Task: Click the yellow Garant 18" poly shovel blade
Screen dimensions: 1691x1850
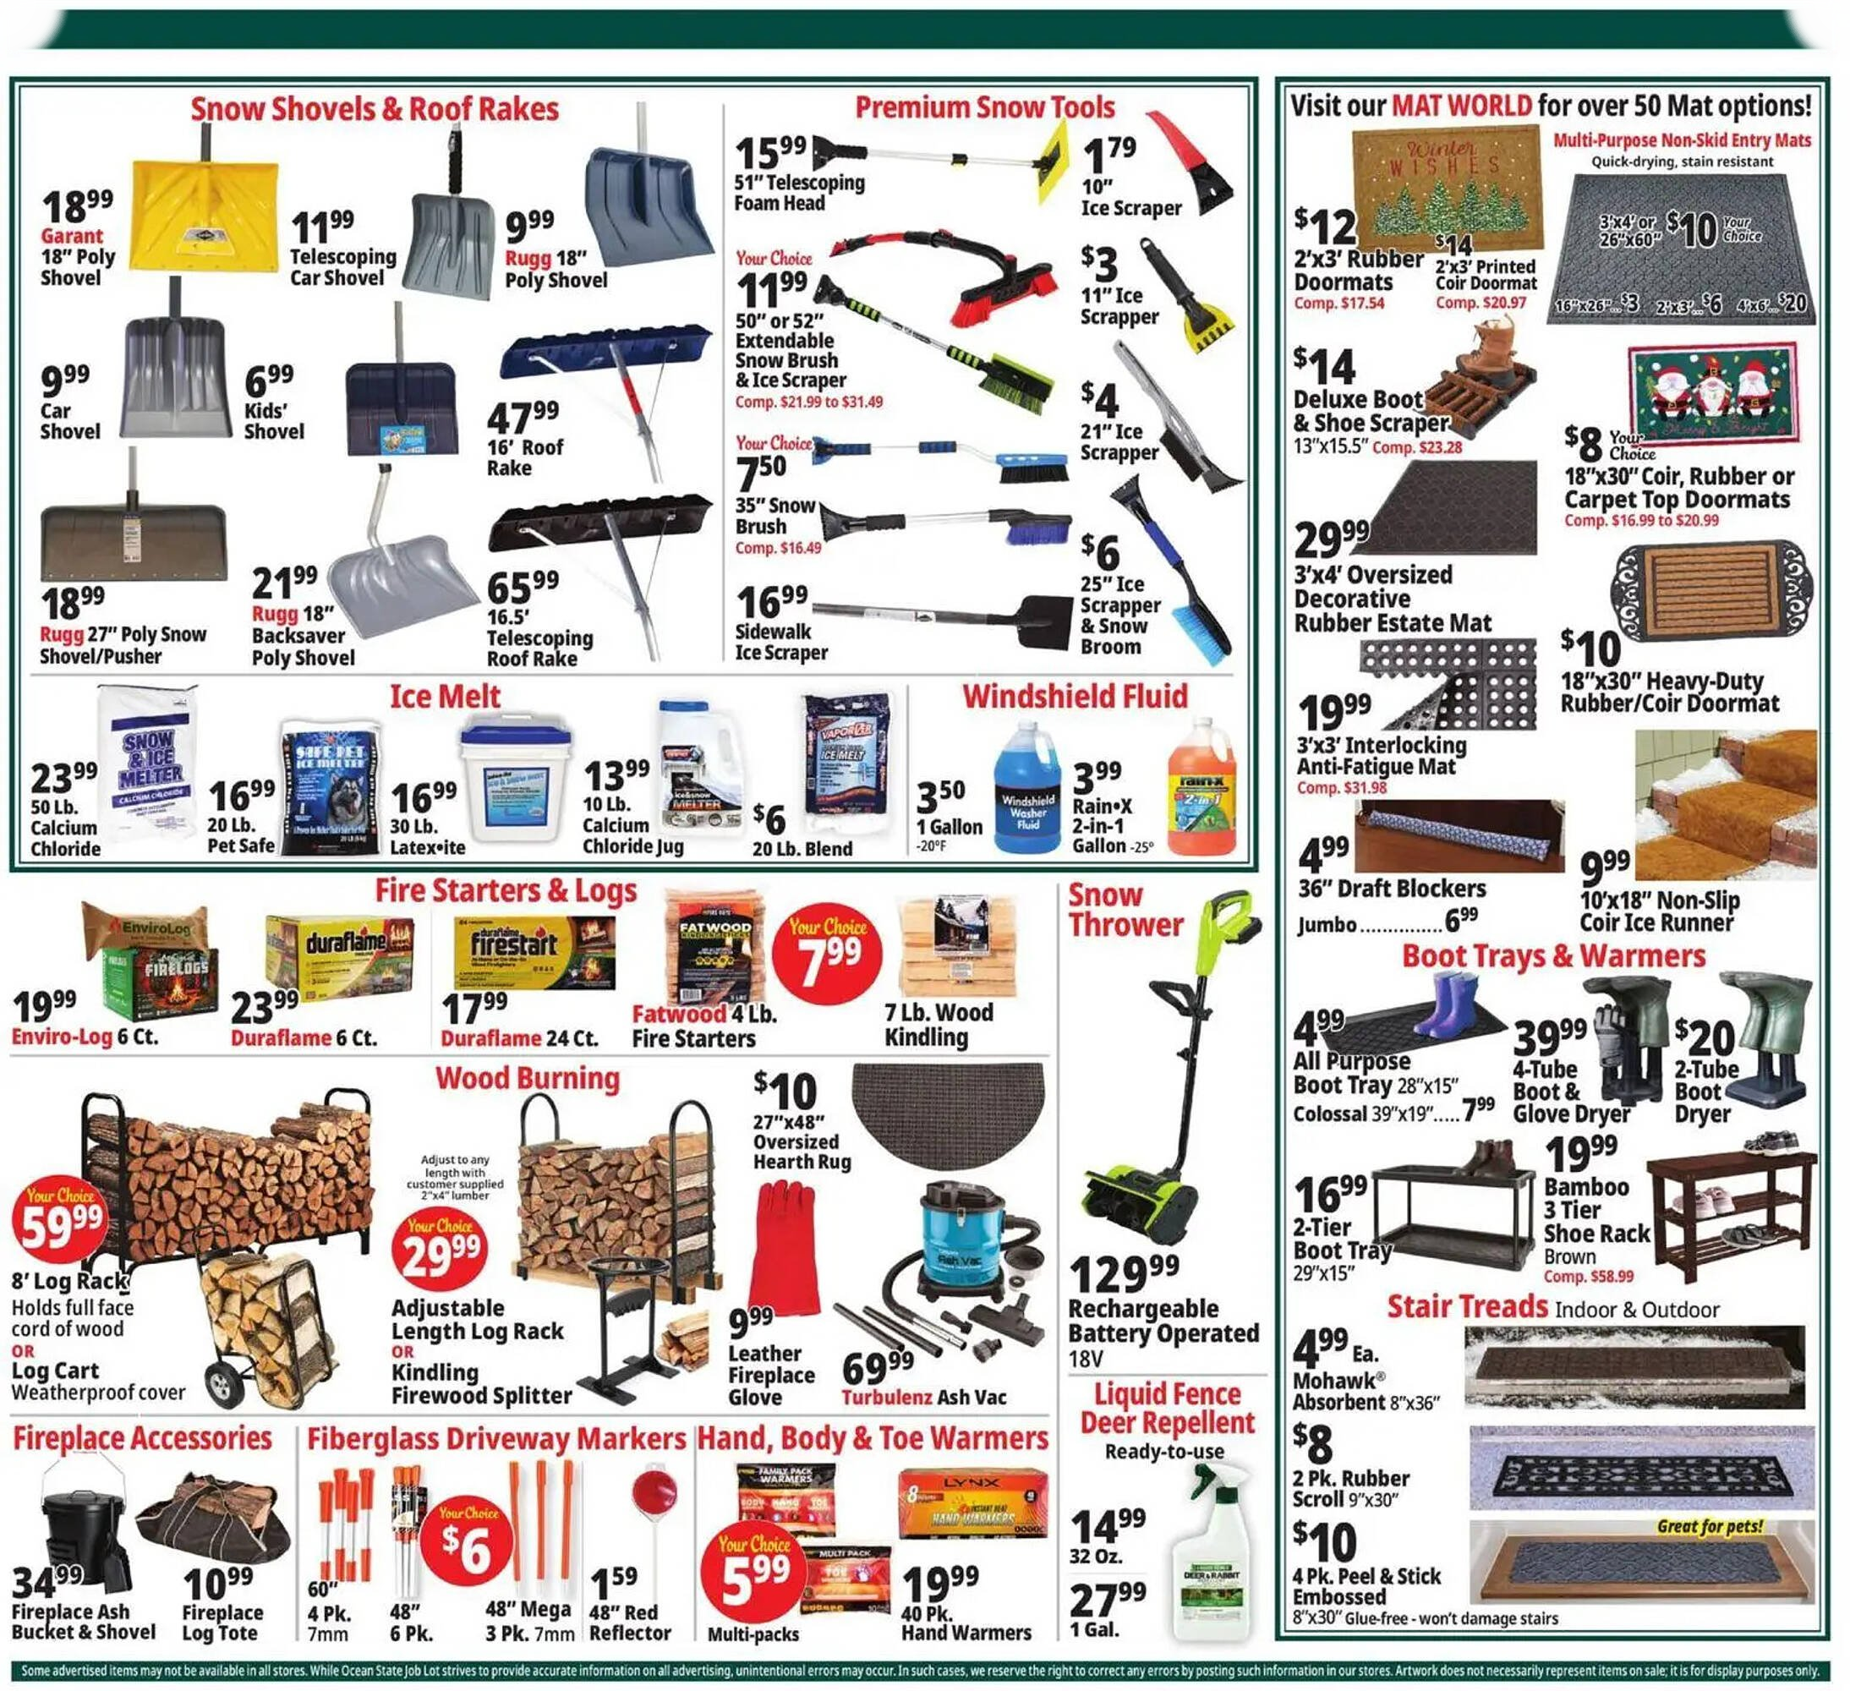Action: (x=203, y=215)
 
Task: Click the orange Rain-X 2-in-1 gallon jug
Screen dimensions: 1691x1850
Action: (x=1201, y=790)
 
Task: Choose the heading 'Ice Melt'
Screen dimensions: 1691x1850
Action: (x=445, y=697)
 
